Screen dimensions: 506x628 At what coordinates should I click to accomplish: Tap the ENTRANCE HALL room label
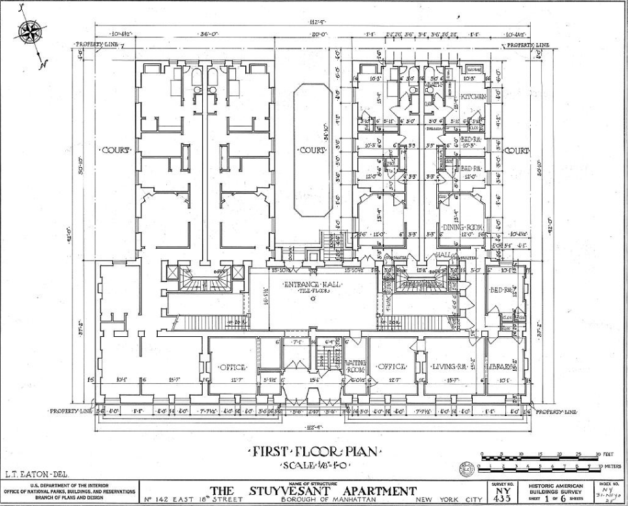click(312, 285)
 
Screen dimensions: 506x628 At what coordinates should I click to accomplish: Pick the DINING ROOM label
click(462, 227)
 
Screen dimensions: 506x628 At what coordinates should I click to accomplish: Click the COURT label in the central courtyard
click(312, 150)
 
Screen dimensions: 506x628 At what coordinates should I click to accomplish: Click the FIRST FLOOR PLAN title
click(312, 452)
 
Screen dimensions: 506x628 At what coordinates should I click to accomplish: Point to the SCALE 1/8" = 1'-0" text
click(312, 464)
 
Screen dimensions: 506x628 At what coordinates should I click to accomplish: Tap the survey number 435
click(502, 498)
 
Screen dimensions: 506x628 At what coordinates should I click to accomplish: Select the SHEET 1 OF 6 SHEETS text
click(556, 497)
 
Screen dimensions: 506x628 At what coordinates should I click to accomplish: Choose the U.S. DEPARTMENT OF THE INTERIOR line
click(70, 484)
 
